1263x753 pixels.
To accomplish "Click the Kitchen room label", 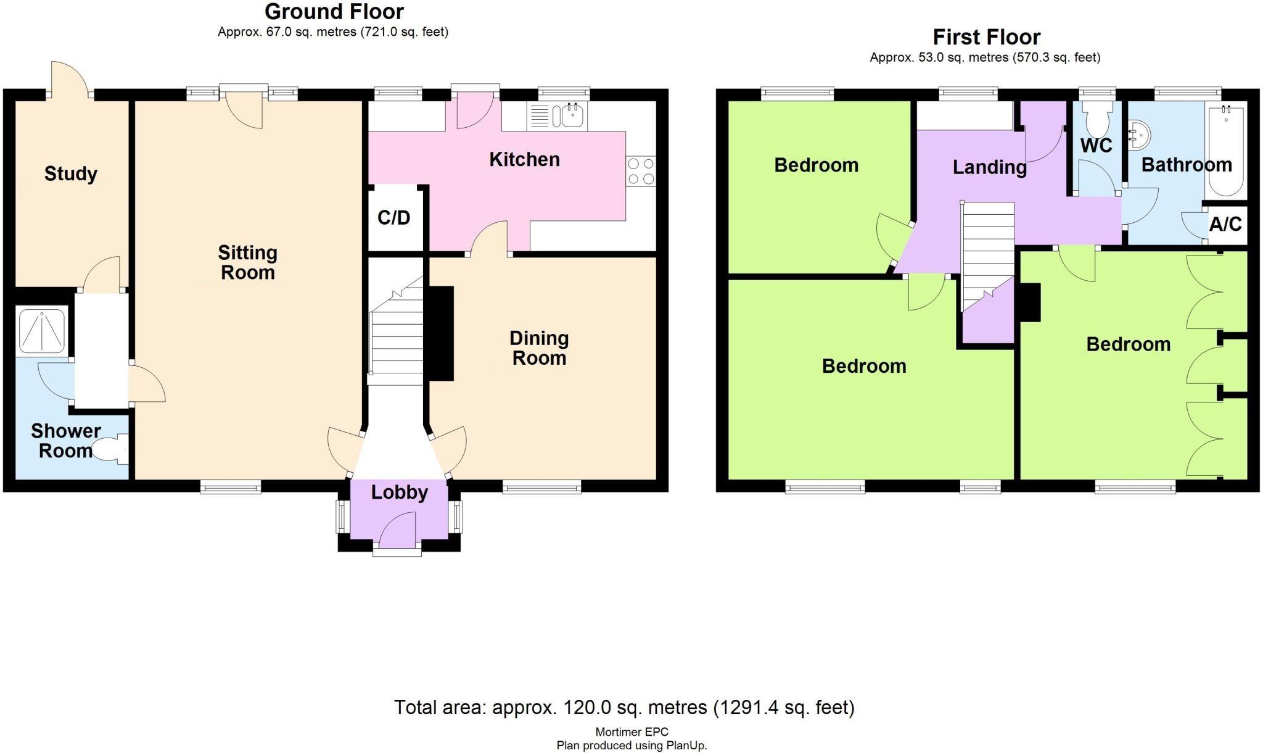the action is point(524,160).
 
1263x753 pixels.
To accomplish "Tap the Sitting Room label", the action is point(248,262).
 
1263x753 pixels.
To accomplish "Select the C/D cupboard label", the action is point(394,217).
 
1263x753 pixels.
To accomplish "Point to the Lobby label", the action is point(400,492).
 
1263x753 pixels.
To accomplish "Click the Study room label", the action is point(71,174).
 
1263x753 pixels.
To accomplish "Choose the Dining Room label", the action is point(539,348).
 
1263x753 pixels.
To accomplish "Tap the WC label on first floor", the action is point(1096,146).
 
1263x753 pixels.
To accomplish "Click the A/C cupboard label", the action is point(1225,224).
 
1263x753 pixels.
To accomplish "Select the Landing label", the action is point(990,167).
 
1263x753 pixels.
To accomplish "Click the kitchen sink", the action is point(573,115).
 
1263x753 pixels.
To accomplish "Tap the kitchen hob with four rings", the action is point(641,172).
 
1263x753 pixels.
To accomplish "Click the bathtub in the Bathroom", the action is point(1226,150).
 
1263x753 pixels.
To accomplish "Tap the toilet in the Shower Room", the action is point(111,450).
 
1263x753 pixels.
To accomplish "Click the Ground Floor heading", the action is point(334,12).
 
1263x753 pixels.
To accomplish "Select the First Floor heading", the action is point(987,37).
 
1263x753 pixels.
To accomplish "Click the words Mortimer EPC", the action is point(631,732).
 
